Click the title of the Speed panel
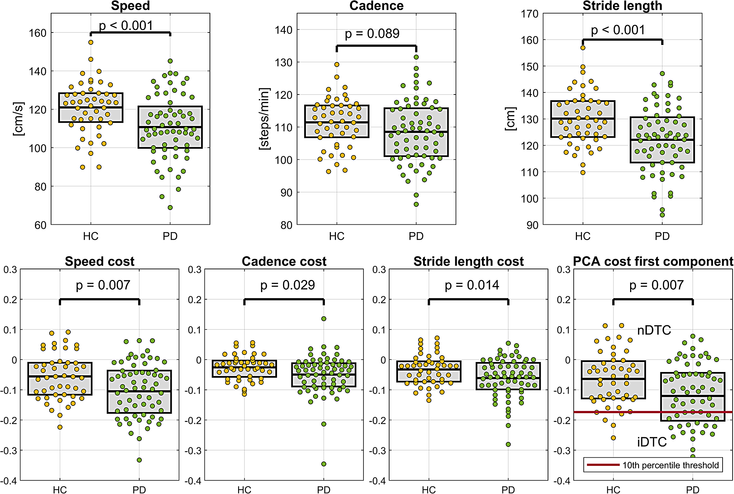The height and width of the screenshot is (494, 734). click(130, 6)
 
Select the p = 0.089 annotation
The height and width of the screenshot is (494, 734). click(372, 34)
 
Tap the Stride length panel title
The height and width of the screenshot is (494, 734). click(622, 6)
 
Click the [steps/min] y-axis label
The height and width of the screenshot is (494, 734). click(264, 118)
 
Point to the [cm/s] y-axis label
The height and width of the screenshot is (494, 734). click(18, 119)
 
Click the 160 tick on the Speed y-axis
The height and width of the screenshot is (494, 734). click(37, 33)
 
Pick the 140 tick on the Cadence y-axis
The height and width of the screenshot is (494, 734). click(283, 30)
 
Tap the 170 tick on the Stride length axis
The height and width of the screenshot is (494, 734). click(529, 14)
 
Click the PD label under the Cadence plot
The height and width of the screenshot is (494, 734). click(416, 236)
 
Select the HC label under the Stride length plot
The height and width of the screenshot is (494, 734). click(583, 236)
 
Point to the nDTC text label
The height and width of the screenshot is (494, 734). click(654, 330)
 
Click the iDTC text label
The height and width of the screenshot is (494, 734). click(652, 442)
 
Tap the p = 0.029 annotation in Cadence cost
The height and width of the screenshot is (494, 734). click(287, 285)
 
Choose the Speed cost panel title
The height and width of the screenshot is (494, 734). click(100, 261)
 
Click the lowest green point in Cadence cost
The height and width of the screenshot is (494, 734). click(324, 464)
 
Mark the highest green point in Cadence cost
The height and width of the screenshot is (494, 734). click(324, 319)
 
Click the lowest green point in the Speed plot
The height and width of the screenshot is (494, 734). click(170, 208)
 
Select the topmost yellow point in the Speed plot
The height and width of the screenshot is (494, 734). click(91, 42)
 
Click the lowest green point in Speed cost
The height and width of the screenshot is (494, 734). click(139, 460)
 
